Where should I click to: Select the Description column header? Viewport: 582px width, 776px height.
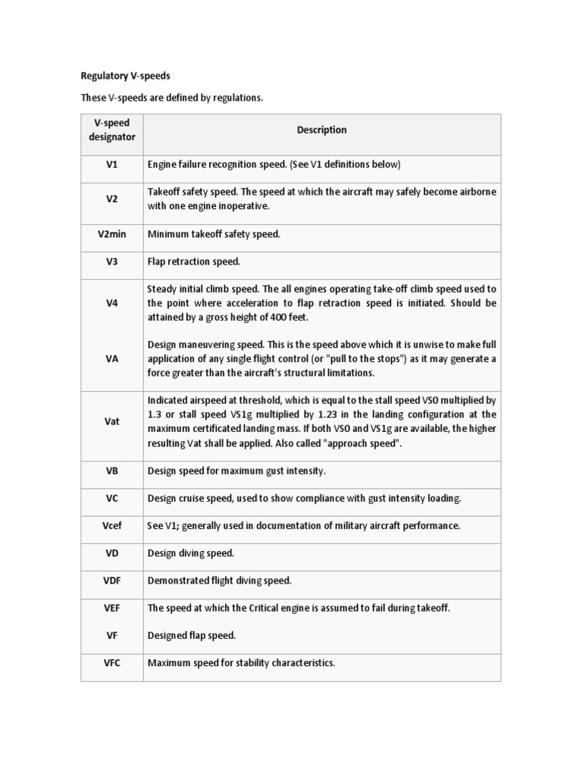[321, 130]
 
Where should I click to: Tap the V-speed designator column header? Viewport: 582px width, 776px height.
[111, 130]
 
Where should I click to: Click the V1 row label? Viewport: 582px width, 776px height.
[111, 164]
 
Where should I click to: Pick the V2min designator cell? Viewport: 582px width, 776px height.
[111, 234]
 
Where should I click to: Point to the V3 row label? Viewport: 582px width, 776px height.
[111, 261]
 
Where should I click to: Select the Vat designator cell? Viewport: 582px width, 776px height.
[111, 421]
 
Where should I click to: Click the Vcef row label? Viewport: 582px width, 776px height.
[111, 525]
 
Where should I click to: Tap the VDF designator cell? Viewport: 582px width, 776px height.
[111, 580]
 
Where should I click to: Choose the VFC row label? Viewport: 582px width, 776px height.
[111, 663]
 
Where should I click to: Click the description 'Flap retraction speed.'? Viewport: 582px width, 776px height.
[194, 261]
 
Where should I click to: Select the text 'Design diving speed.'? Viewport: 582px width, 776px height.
[191, 553]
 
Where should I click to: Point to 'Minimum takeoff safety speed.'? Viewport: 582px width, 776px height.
[214, 234]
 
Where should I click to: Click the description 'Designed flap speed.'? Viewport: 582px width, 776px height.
[192, 636]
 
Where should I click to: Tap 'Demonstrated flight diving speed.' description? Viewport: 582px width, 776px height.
[220, 580]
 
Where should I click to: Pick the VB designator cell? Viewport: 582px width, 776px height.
[111, 471]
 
